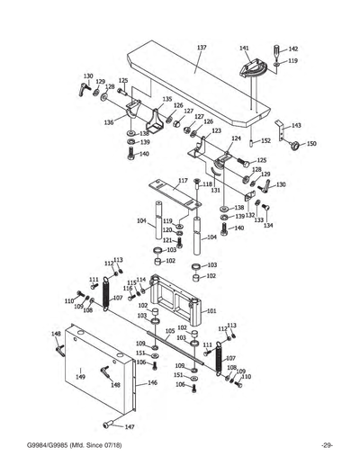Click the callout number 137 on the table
tap(201, 46)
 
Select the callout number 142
tap(292, 49)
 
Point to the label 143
tap(296, 125)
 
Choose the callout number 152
tap(265, 141)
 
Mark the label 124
tap(236, 139)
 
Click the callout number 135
tap(167, 99)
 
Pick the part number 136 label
tap(109, 122)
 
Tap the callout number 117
tap(183, 181)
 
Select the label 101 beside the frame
tap(212, 311)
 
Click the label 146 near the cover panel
tap(153, 383)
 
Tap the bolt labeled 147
tap(109, 425)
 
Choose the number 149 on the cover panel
tap(79, 378)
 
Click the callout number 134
tap(268, 226)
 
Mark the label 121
tap(167, 240)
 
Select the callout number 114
tap(141, 280)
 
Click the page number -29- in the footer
tap(327, 447)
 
